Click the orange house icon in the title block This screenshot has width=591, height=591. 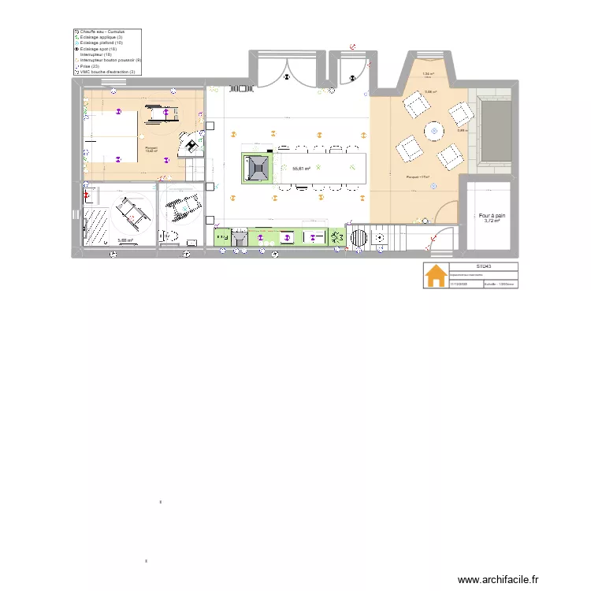(x=434, y=276)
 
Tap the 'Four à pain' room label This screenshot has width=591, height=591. (x=492, y=215)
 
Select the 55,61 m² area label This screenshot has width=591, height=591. (x=300, y=169)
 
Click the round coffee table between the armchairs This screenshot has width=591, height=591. (x=434, y=130)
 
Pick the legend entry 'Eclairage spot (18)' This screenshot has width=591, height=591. (x=98, y=49)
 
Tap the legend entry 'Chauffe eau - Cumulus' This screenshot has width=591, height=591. (x=101, y=32)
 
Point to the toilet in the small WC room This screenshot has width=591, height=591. (x=169, y=236)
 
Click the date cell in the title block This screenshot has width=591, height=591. (x=458, y=284)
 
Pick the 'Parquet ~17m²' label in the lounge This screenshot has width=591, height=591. (x=418, y=177)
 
